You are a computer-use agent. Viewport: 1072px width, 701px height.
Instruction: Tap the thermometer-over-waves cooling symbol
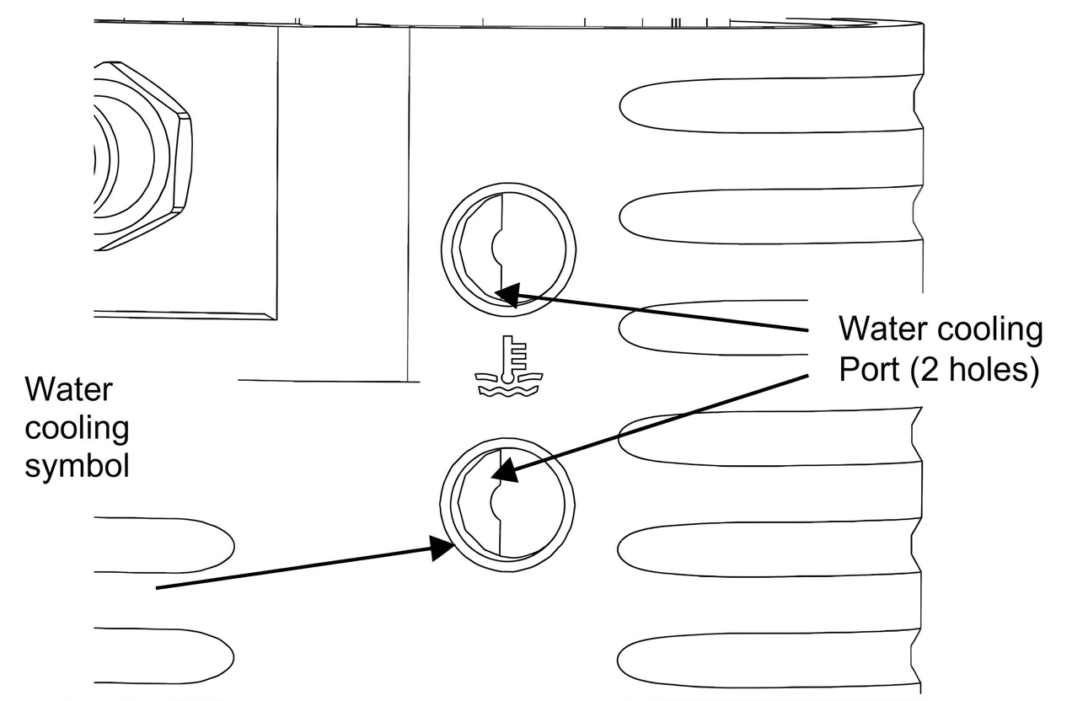point(509,366)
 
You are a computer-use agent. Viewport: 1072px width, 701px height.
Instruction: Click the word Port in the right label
point(869,369)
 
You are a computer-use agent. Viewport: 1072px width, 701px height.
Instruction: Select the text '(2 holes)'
point(974,371)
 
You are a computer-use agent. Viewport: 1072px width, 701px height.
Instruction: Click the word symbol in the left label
point(77,467)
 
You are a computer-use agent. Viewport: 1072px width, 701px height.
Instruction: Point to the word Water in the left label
point(68,389)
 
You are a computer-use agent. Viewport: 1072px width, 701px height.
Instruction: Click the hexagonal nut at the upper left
point(142,156)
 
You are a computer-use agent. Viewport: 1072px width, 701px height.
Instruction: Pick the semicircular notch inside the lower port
point(496,501)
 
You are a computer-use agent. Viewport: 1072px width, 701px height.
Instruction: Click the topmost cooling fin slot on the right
point(770,104)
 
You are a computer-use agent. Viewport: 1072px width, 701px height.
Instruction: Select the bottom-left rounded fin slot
point(163,656)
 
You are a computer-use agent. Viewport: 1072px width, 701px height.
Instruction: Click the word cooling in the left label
point(77,428)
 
